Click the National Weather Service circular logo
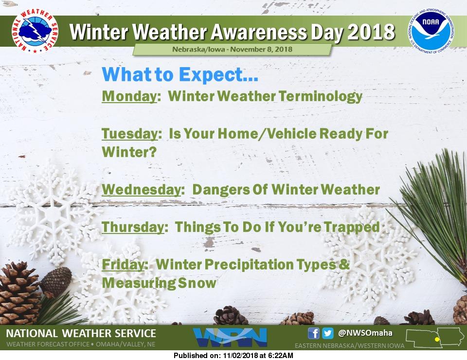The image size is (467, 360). click(x=35, y=32)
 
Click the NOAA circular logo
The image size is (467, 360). click(x=431, y=32)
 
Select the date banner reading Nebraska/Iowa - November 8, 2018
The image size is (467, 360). click(x=232, y=50)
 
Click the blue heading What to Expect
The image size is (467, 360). click(x=180, y=74)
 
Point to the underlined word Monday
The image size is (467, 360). click(x=129, y=96)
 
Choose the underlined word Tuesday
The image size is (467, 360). click(x=129, y=134)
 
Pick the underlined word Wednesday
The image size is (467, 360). click(x=141, y=190)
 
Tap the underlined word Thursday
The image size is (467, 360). click(x=132, y=227)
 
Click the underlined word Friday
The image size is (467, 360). click(x=123, y=265)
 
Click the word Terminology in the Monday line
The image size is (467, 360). click(x=321, y=96)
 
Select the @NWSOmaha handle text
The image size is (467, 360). click(x=365, y=333)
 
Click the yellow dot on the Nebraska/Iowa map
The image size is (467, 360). click(x=437, y=339)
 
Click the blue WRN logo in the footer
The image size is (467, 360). click(x=230, y=337)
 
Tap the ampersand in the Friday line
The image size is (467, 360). click(x=344, y=265)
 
